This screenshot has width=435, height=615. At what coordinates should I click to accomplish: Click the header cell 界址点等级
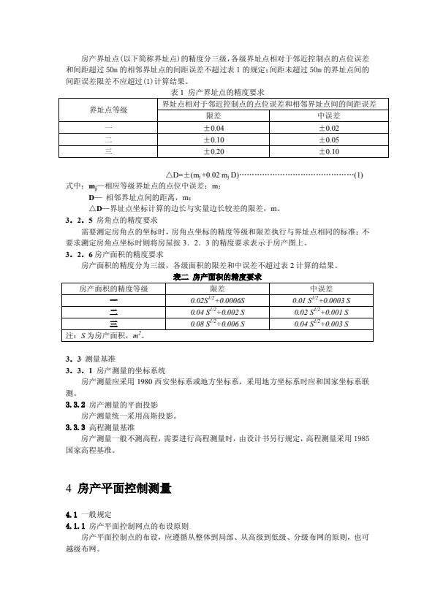coord(108,110)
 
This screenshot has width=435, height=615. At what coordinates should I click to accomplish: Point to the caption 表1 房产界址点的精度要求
coord(216,93)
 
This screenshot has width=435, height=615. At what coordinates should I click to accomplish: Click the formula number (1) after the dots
coord(358,175)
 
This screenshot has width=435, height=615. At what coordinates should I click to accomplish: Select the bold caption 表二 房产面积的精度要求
coord(217,278)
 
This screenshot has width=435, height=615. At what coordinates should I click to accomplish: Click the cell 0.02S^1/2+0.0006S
coord(216,300)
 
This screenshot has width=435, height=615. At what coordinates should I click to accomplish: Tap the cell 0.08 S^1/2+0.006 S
coord(216,324)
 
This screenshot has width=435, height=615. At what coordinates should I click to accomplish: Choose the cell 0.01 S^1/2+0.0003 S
coord(322,300)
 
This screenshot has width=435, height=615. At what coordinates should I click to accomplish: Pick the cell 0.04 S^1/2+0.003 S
coord(322,324)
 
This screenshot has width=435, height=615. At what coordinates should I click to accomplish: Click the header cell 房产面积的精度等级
coord(113,289)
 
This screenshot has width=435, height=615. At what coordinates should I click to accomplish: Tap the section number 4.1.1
coord(75,526)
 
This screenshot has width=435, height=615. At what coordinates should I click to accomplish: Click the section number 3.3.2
coord(75,404)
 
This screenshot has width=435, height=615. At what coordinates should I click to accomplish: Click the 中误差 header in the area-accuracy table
coord(322,289)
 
